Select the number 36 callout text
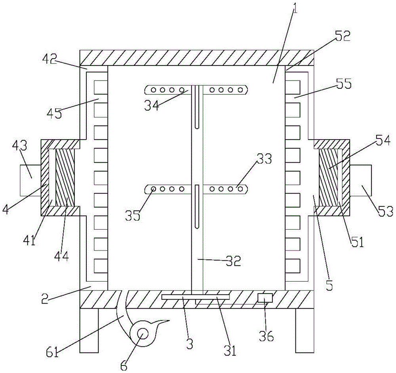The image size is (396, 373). point(267,336)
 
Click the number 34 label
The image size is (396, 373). point(152,105)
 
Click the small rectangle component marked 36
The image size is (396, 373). point(265,298)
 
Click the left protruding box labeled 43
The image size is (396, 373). point(30,181)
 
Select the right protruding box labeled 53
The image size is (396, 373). point(361,181)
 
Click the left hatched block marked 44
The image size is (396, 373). point(65,177)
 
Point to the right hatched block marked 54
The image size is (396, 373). point(328,177)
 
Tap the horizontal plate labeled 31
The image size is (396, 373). point(196,297)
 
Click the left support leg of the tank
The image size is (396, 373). point(89,330)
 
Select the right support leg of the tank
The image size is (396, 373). point(305,330)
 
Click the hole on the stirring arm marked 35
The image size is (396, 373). point(153,189)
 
